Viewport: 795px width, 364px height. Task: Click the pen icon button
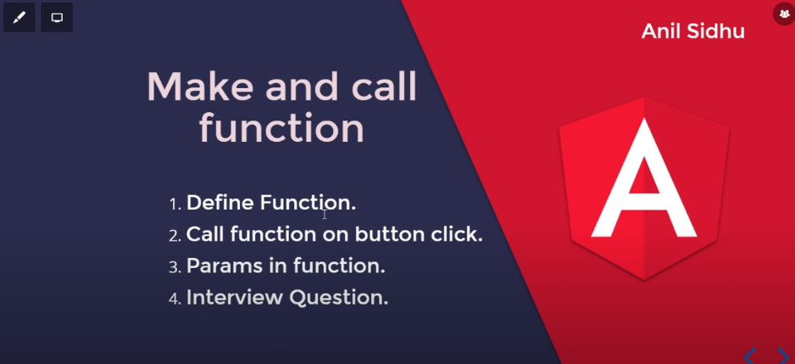[19, 18]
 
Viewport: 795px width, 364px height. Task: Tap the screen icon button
[57, 18]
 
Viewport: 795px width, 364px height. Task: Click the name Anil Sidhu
[692, 31]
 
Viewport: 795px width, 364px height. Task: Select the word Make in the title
[201, 87]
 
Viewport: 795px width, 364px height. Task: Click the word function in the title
[281, 129]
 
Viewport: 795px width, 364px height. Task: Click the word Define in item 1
[220, 203]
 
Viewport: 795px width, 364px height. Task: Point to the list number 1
[175, 204]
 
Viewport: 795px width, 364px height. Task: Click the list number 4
[175, 299]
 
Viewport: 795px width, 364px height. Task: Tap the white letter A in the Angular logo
[644, 182]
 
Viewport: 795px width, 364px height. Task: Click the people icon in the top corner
[784, 14]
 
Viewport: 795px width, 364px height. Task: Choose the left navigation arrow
[749, 356]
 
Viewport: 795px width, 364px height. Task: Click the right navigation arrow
[781, 356]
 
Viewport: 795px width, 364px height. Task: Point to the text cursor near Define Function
[324, 214]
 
